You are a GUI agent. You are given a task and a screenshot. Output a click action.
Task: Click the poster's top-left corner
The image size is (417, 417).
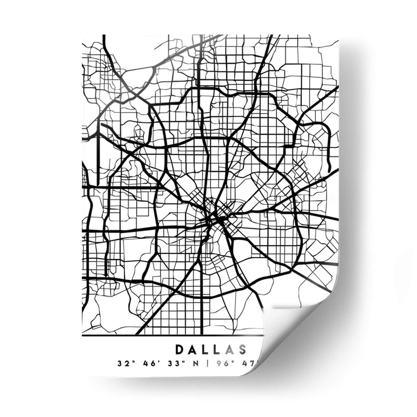click(83, 35)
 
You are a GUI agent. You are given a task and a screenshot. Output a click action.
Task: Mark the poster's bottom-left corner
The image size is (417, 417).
click(83, 376)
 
